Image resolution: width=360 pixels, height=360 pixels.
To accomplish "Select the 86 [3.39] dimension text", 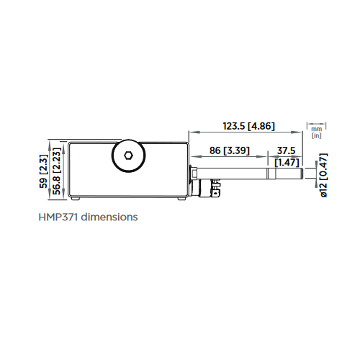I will click(227, 150).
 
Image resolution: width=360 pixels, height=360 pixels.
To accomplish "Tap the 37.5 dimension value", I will click(284, 150).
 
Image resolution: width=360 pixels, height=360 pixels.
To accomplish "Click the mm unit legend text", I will click(316, 128).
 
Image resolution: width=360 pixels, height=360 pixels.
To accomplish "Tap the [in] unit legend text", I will click(316, 135).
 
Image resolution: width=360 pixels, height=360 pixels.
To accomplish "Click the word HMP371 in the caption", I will click(60, 216).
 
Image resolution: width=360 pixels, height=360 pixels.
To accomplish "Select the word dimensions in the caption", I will click(110, 216).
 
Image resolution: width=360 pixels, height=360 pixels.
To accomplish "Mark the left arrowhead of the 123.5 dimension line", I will click(192, 133).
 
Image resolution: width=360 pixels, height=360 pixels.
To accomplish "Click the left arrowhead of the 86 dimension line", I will click(192, 157).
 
